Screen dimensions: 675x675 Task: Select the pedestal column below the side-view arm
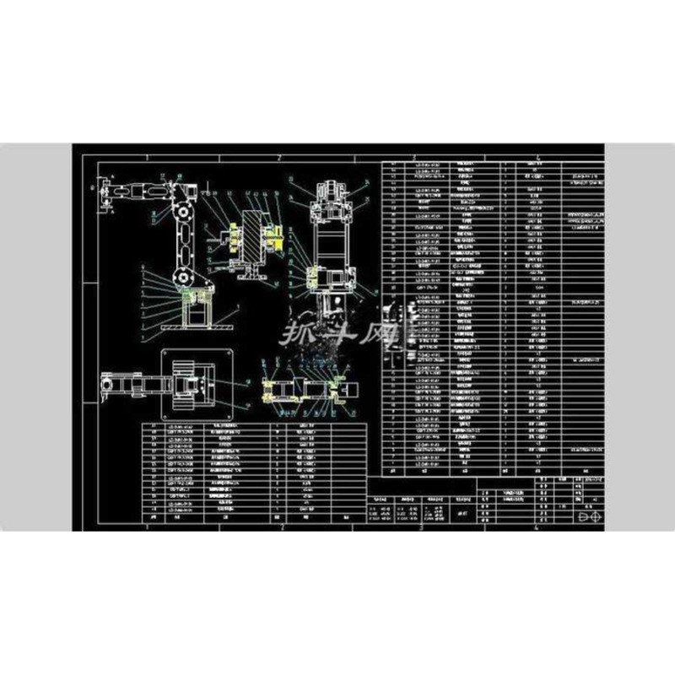coord(194,309)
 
